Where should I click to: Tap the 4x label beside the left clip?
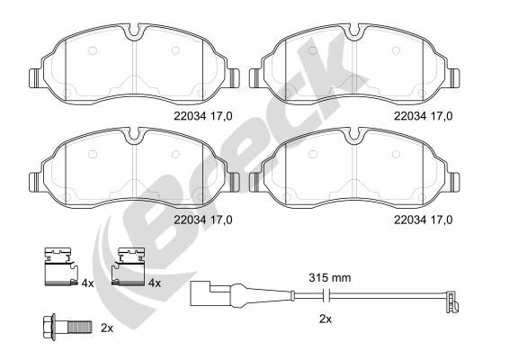(x=87, y=284)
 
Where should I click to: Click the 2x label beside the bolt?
(x=107, y=328)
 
